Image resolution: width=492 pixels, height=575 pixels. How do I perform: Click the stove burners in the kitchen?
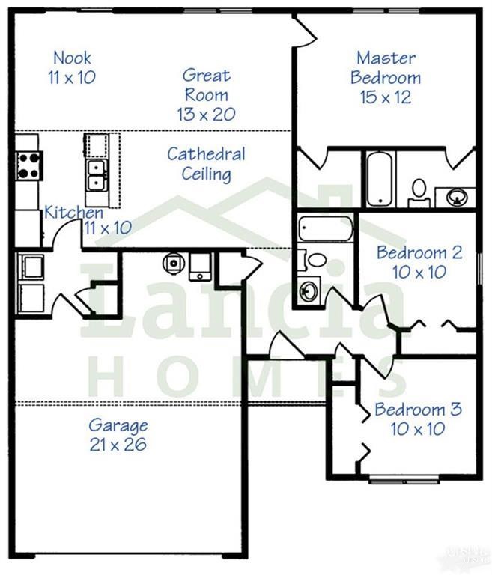click(x=29, y=165)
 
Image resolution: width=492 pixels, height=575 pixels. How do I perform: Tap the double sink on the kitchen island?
click(x=97, y=176)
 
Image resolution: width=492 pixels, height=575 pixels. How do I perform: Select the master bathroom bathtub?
click(x=380, y=179)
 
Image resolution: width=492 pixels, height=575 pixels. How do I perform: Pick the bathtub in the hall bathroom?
click(x=325, y=229)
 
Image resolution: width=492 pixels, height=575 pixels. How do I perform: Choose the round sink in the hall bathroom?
click(x=308, y=290)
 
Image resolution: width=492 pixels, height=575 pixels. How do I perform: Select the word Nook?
click(x=73, y=58)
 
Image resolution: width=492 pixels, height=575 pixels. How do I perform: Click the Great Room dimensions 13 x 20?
click(x=206, y=114)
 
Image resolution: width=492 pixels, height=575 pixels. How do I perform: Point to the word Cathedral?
click(x=206, y=154)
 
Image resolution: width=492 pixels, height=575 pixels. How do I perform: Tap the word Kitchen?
click(x=73, y=213)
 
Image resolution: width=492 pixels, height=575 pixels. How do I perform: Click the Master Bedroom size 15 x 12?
click(x=385, y=97)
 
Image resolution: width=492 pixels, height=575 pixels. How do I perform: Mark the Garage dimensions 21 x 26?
click(x=118, y=445)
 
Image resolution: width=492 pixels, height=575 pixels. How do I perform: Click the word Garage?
click(x=118, y=426)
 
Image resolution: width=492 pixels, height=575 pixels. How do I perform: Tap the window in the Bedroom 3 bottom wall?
click(x=404, y=478)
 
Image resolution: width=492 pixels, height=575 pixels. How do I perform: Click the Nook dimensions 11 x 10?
click(x=72, y=77)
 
